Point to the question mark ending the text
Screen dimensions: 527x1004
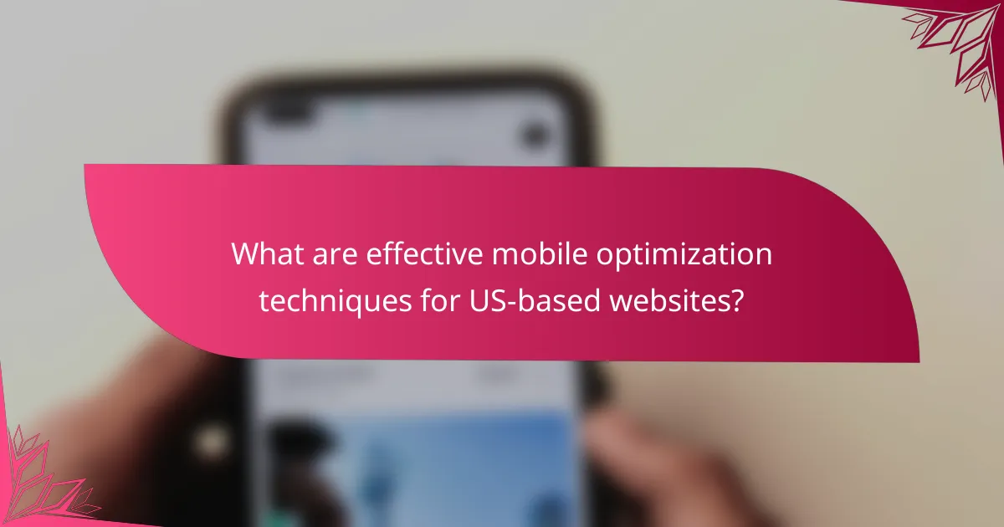735,299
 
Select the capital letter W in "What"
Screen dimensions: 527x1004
244,254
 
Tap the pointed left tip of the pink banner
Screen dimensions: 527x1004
86,166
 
